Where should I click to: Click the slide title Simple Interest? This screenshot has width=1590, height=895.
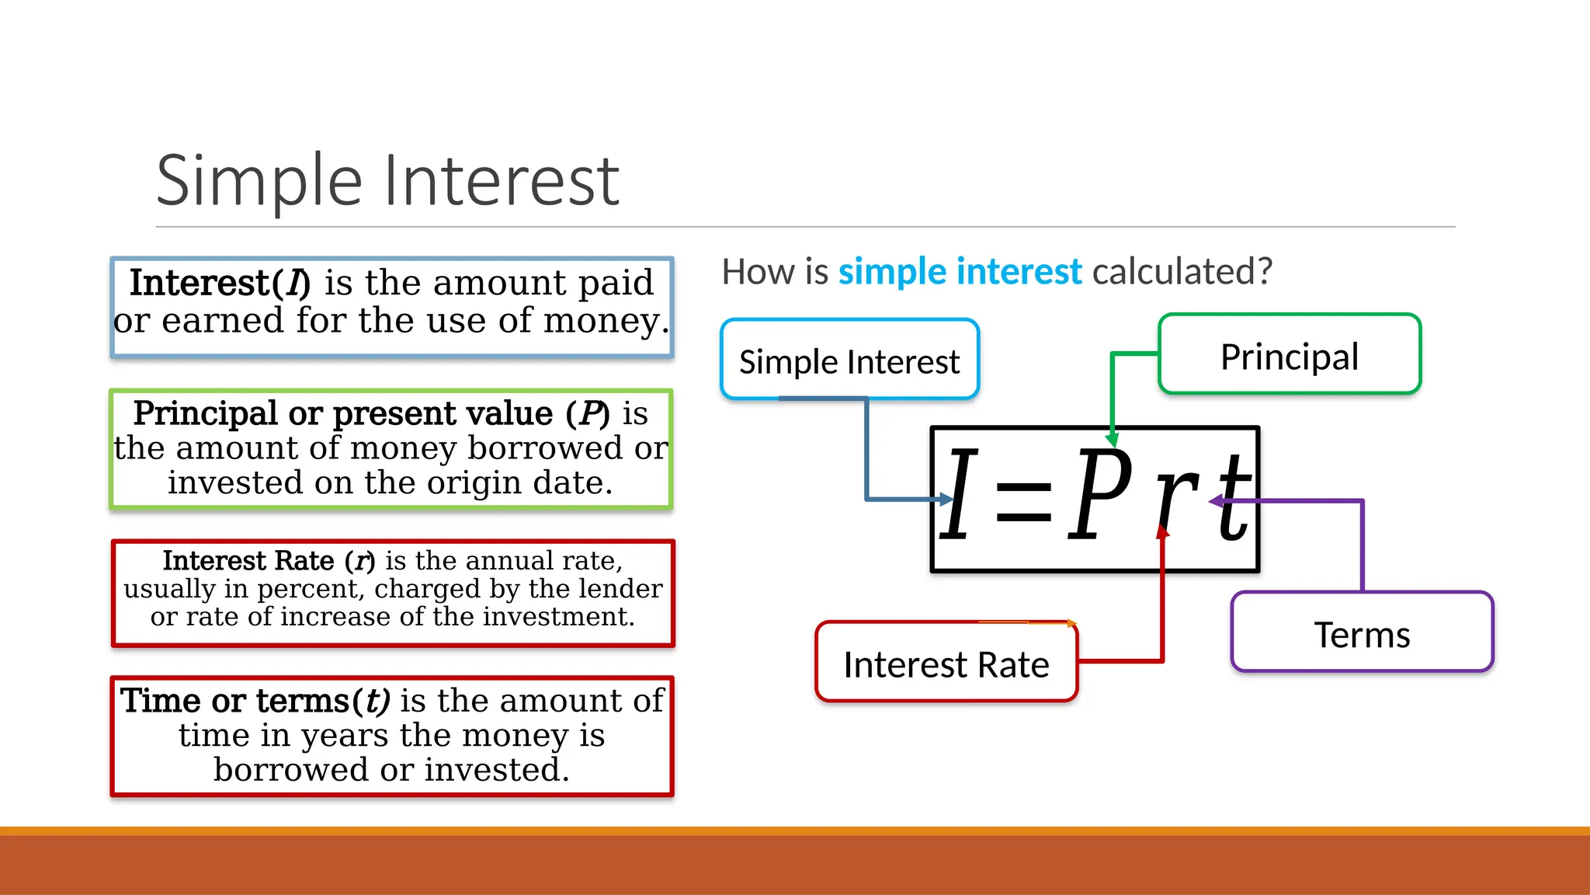click(x=387, y=180)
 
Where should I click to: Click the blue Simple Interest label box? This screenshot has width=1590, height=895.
click(x=849, y=360)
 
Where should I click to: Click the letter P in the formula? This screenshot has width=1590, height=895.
click(x=1099, y=495)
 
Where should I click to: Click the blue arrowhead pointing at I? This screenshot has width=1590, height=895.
click(x=946, y=499)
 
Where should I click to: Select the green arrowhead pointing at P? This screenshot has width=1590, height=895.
click(x=1112, y=440)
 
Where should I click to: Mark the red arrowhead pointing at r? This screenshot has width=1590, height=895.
click(x=1162, y=532)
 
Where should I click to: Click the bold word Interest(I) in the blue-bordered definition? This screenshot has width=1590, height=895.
click(x=220, y=283)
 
